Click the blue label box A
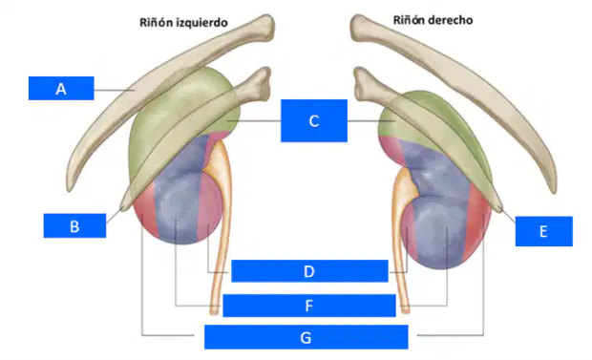coord(61,89)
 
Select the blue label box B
coord(74,226)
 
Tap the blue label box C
coord(314,121)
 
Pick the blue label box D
coord(309,271)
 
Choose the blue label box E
coord(543,231)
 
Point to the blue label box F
coord(309,306)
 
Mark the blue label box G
coord(307,337)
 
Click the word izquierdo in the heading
coord(204,23)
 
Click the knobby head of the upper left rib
coord(264,27)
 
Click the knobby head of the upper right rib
coord(359,27)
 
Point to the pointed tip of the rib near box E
coord(500,209)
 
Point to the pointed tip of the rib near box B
coord(123,207)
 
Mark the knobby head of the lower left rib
coord(262,82)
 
